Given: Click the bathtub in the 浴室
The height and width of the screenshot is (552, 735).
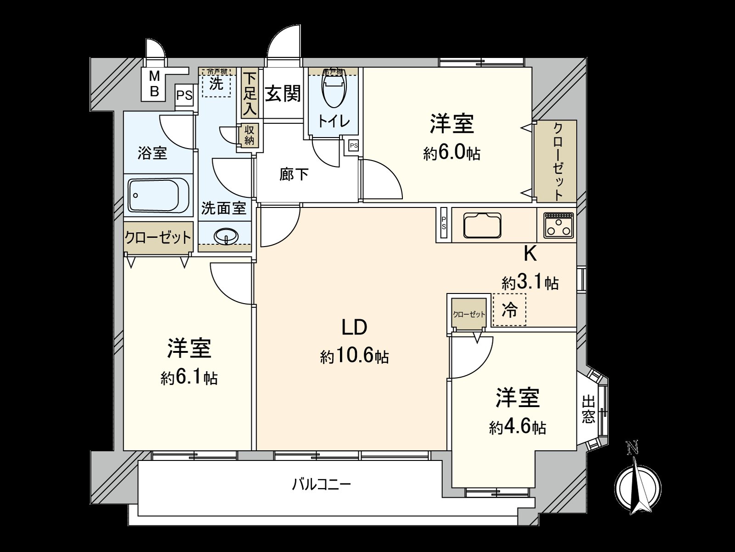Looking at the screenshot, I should (x=153, y=195).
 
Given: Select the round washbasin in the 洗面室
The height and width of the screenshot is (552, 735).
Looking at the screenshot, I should (x=226, y=236).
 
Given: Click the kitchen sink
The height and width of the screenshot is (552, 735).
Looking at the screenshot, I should (x=483, y=225).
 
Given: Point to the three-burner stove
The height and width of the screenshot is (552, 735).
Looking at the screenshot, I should (x=558, y=225).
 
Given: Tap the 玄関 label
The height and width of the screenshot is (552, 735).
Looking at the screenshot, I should (x=283, y=94).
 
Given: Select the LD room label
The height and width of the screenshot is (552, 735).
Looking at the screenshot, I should (x=354, y=327).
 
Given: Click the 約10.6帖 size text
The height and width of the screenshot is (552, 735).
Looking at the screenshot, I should (x=354, y=356).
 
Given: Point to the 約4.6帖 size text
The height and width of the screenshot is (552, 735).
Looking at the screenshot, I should (x=517, y=428).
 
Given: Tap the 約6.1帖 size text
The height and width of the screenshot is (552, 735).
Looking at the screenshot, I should (x=189, y=378).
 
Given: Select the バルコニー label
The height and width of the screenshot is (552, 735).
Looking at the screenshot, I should (x=322, y=484).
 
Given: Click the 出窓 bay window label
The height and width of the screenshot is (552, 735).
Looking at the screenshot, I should (x=588, y=409).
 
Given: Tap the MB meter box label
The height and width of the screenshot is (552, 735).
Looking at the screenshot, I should (x=155, y=84).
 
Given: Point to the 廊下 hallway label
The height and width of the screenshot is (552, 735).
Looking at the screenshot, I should (x=294, y=175).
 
